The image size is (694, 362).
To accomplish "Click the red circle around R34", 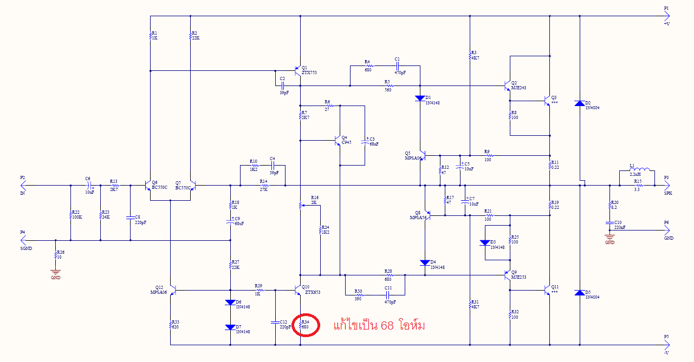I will [x=305, y=325].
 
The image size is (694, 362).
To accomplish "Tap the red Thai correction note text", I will [x=379, y=326].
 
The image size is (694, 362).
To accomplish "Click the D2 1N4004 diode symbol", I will [x=580, y=103].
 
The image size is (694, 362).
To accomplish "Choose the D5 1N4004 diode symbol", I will [x=580, y=293].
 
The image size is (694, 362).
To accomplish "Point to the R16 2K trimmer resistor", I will [x=301, y=206].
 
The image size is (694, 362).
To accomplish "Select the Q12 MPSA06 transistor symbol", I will [x=173, y=291].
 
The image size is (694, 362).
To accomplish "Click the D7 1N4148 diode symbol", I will [x=231, y=327].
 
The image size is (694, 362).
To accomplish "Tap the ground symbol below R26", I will [x=55, y=271].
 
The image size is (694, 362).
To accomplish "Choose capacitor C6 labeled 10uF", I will [x=89, y=185].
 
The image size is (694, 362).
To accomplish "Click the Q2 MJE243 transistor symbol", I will [x=507, y=86].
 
